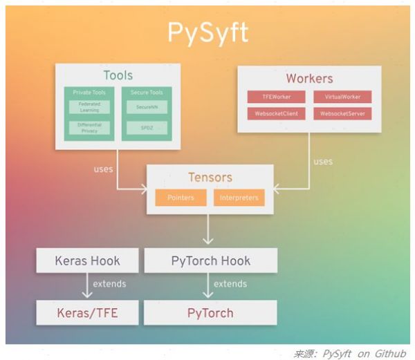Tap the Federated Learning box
click(x=89, y=106)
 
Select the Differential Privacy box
click(x=89, y=127)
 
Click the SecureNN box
click(x=146, y=106)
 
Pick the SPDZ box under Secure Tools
click(x=146, y=128)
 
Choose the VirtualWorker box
click(x=342, y=97)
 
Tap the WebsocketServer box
click(x=342, y=113)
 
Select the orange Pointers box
click(x=180, y=198)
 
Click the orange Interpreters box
click(x=239, y=198)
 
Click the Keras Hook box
click(x=87, y=260)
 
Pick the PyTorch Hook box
click(x=210, y=260)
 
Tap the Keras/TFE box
click(x=87, y=312)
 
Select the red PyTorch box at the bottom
click(x=210, y=312)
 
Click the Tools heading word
click(x=118, y=75)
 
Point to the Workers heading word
click(x=309, y=78)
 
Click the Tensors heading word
click(x=210, y=178)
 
